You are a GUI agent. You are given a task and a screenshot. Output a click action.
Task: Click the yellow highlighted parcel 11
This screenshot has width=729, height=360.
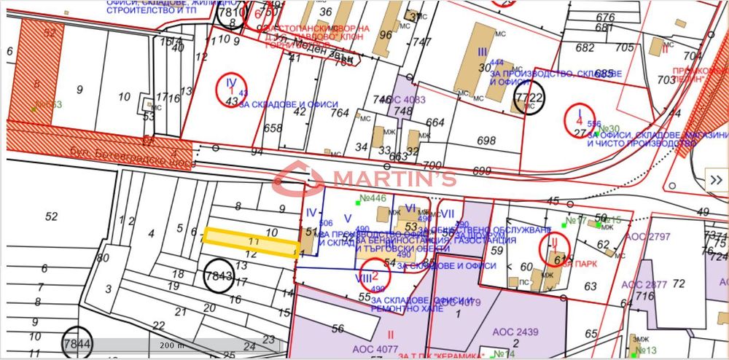click(x=251, y=240)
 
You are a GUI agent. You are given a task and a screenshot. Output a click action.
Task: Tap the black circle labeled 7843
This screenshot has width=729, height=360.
click(x=219, y=276)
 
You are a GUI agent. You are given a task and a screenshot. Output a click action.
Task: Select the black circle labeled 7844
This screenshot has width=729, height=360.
click(x=77, y=343)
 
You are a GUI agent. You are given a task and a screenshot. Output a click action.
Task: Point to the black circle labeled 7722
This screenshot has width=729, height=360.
click(x=529, y=98)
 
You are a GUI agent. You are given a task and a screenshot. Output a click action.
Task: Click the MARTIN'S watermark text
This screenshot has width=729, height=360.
click(x=394, y=178)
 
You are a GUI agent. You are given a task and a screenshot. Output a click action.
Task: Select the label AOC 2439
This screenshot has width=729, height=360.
click(x=515, y=332)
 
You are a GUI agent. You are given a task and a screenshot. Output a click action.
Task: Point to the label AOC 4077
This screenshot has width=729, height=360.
click(x=374, y=348)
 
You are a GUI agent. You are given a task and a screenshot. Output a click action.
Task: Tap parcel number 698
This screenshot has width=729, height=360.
click(x=486, y=140)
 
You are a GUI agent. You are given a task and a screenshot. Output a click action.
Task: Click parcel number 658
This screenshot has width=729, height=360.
click(x=273, y=128)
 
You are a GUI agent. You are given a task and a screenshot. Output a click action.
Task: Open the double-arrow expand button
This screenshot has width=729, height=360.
click(x=716, y=181)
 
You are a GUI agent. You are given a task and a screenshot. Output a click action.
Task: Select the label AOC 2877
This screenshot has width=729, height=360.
click(x=645, y=284)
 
